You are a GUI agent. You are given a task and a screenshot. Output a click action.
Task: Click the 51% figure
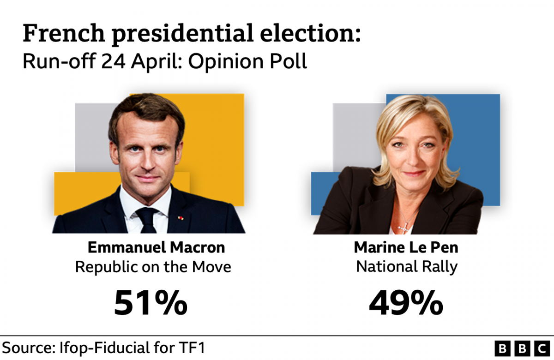151,303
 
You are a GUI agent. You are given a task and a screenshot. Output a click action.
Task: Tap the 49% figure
406,303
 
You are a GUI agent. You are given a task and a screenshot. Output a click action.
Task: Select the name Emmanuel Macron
156,247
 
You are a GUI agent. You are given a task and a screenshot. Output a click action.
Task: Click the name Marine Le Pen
406,247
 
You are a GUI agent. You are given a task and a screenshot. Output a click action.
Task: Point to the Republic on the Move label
153,267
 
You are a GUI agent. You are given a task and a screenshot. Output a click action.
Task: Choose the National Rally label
406,267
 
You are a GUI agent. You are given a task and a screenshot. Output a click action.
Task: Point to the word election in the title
307,35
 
